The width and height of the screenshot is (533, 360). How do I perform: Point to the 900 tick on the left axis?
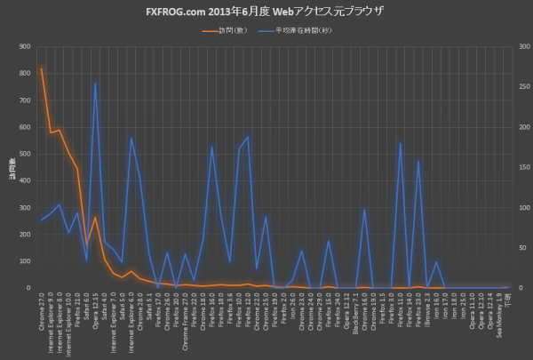pyautogui.click(x=24, y=47)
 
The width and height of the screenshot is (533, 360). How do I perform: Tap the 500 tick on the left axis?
pyautogui.click(x=24, y=154)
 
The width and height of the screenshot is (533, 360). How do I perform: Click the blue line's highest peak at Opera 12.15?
pyautogui.click(x=96, y=83)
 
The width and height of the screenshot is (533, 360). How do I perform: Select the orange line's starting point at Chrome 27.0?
pyautogui.click(x=42, y=68)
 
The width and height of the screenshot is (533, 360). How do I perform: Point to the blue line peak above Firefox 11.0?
pyautogui.click(x=401, y=142)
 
